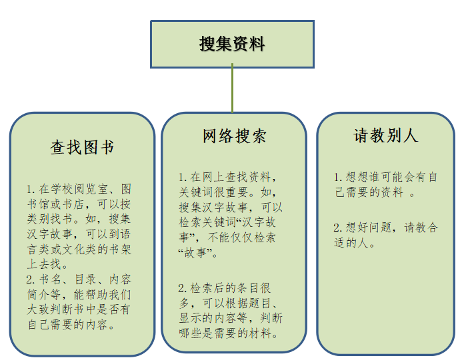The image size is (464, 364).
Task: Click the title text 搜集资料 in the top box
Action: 232,44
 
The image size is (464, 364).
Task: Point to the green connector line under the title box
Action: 232,88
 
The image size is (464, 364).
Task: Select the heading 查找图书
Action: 82,147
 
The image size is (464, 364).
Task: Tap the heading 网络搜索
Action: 235,136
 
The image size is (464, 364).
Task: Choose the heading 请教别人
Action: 385,136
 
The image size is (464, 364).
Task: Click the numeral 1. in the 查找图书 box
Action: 31,190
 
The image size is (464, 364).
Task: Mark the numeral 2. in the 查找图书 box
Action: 31,279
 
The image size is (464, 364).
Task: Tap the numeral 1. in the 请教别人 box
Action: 338,177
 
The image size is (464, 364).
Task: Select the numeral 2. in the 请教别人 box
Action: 338,228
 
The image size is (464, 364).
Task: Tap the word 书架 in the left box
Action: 120,250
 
